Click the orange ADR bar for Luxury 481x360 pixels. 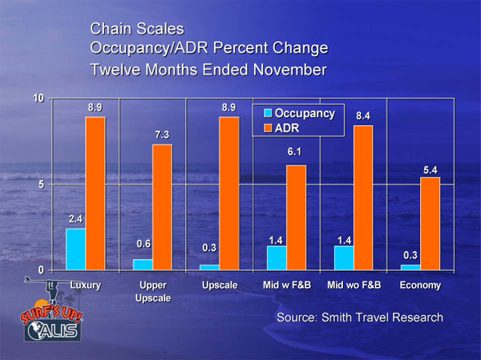click(x=95, y=193)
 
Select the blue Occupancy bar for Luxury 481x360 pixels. click(x=75, y=249)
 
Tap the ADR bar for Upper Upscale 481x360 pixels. click(x=162, y=207)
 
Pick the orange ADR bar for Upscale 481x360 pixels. click(x=228, y=193)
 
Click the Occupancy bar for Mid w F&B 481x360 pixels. click(x=277, y=257)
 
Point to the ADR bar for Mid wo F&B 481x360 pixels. click(x=362, y=197)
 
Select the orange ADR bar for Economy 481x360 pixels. click(x=430, y=224)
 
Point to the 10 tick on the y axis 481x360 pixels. click(x=39, y=99)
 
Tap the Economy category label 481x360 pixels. click(x=420, y=285)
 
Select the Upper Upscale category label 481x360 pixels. click(x=152, y=291)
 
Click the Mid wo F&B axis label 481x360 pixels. click(x=353, y=285)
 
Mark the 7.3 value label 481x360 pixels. click(x=163, y=134)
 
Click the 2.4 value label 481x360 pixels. click(x=75, y=217)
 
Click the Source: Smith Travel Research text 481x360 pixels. click(x=359, y=318)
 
